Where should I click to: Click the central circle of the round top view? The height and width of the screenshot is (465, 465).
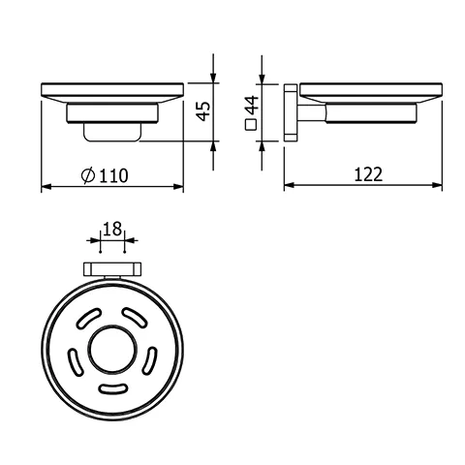click(x=111, y=351)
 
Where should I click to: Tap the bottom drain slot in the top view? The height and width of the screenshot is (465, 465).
click(x=111, y=390)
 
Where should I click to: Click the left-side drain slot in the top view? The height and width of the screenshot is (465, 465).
click(x=74, y=360)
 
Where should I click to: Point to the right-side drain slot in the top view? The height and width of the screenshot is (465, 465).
click(x=149, y=360)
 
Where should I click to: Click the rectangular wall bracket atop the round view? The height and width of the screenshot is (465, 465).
click(x=112, y=269)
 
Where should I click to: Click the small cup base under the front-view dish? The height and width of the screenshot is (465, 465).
click(x=111, y=132)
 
